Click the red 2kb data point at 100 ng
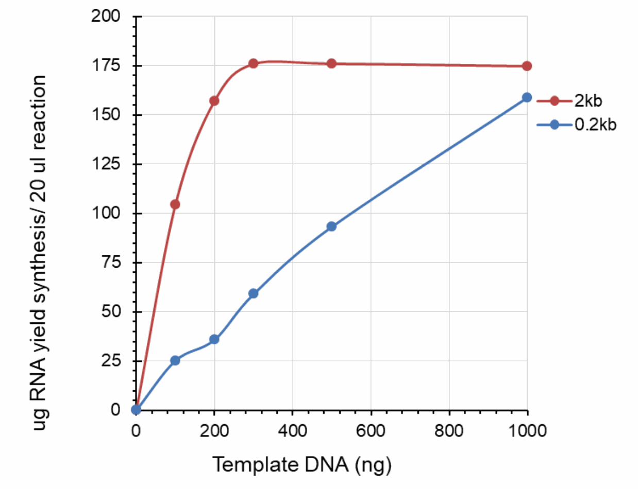[x=175, y=204]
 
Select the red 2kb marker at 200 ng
[x=214, y=101]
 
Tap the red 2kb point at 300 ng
[x=253, y=63]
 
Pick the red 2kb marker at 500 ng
[x=331, y=63]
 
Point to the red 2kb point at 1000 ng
[x=527, y=66]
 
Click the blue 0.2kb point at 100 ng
[x=175, y=360]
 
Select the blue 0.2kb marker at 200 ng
[x=214, y=339]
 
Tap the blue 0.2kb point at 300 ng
[x=253, y=293]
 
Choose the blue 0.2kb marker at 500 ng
[x=331, y=226]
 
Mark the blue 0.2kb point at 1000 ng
[x=527, y=97]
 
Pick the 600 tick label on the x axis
[x=371, y=430]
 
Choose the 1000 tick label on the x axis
[x=527, y=430]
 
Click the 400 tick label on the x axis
[x=292, y=430]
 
